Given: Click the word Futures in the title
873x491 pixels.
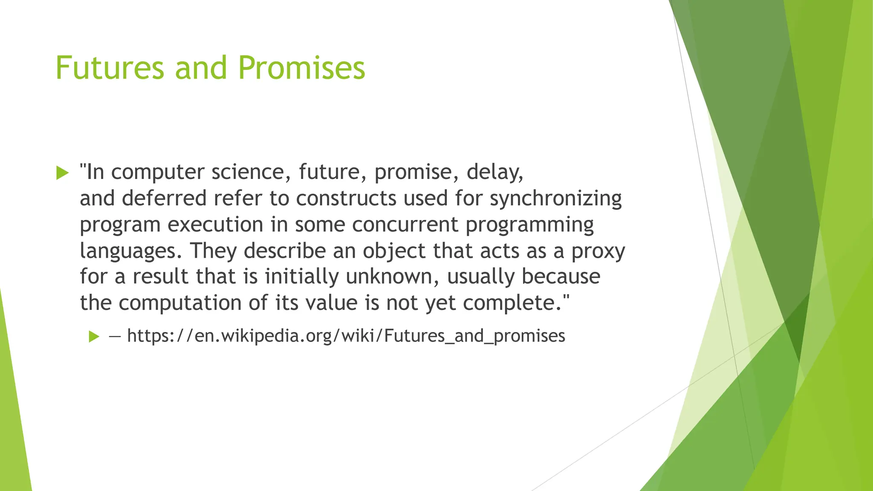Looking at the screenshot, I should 110,68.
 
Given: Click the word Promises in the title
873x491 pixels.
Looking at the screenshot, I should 301,68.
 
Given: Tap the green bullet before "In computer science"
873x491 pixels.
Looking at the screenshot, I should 62,173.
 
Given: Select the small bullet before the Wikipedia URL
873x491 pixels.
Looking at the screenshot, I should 94,337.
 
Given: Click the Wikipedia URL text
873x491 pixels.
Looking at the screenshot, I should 346,336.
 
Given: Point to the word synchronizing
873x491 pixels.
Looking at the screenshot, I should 555,199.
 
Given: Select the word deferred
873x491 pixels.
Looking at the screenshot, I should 164,199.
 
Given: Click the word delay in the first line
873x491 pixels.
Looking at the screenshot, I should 494,172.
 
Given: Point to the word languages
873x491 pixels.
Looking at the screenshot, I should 131,251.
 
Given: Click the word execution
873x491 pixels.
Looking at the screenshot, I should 215,225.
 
